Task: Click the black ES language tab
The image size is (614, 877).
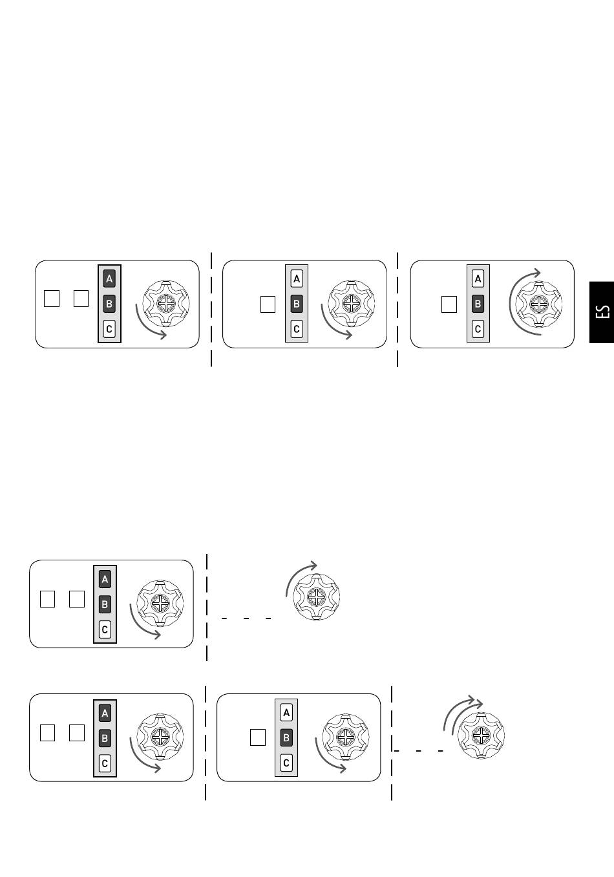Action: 602,312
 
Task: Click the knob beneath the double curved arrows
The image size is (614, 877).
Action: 481,735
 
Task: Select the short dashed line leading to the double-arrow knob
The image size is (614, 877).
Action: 418,751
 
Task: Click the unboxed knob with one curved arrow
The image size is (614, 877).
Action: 317,597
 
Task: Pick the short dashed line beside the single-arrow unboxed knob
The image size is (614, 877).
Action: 246,618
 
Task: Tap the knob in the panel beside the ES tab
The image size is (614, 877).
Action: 539,304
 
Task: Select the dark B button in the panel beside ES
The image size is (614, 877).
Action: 478,304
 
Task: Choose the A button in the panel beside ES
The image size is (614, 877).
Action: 478,279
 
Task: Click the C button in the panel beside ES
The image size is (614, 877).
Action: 478,329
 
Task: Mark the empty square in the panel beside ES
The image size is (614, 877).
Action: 449,304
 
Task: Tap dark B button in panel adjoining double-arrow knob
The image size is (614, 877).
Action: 286,738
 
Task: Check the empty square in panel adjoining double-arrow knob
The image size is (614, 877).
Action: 258,737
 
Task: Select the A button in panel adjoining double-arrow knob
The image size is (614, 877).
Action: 286,713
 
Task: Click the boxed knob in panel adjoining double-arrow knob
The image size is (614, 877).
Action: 345,737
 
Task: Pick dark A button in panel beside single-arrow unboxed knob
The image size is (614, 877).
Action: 105,580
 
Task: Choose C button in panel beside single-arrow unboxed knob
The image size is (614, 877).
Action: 105,629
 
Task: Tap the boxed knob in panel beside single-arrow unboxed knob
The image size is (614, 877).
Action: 160,604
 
